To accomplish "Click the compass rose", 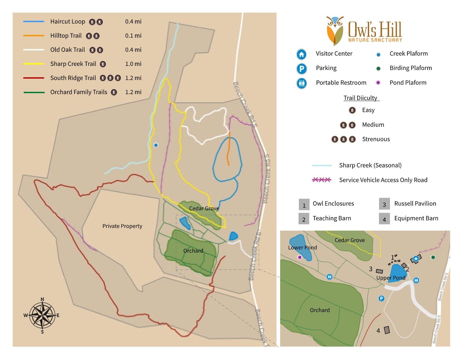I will click(x=42, y=315).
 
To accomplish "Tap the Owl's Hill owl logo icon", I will click(x=335, y=30).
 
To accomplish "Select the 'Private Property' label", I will click(x=122, y=226).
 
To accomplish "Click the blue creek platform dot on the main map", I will click(x=156, y=145).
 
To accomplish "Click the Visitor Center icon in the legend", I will click(x=301, y=54).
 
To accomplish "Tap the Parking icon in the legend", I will click(x=301, y=69).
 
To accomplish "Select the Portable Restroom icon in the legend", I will click(x=301, y=83).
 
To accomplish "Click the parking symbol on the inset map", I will click(x=381, y=299).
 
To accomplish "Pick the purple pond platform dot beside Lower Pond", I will click(x=300, y=257).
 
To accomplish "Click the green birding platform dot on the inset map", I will click(x=433, y=257).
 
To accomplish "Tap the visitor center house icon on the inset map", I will click(x=416, y=259).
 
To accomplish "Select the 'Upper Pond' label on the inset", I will click(x=391, y=278).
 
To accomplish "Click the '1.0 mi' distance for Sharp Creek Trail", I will click(x=133, y=64).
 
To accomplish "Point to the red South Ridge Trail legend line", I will click(x=34, y=78).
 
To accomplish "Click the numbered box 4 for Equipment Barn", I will click(x=384, y=219).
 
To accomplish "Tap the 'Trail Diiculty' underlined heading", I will click(x=361, y=98).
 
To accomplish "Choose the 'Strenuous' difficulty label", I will click(x=376, y=139).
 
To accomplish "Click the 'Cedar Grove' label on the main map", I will click(x=204, y=208).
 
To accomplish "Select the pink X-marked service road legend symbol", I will click(x=321, y=180).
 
